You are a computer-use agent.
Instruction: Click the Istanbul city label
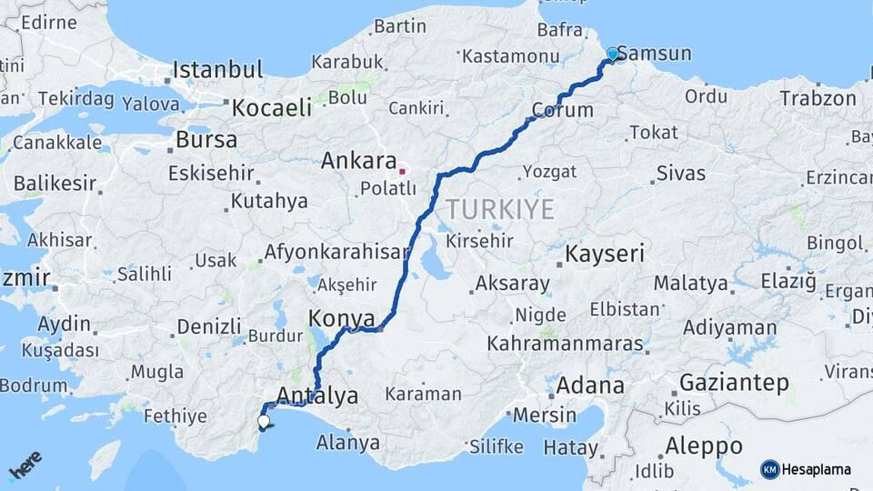click(x=218, y=69)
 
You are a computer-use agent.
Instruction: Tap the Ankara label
click(x=356, y=161)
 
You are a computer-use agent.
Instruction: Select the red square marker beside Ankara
click(x=402, y=169)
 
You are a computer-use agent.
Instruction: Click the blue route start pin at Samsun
click(x=613, y=55)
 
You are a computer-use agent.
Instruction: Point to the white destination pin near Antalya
click(x=264, y=421)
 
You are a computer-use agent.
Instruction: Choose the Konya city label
click(x=342, y=318)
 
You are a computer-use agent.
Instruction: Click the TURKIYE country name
click(x=499, y=210)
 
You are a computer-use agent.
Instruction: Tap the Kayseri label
click(x=605, y=254)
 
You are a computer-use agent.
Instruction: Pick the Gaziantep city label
click(x=734, y=383)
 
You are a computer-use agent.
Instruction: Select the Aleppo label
click(x=704, y=446)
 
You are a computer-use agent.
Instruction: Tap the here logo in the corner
click(x=25, y=466)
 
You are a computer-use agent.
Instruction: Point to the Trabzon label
click(x=818, y=97)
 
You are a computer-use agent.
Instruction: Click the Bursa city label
click(x=206, y=140)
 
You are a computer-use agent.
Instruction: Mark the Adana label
click(x=590, y=385)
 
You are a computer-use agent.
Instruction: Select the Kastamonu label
click(x=510, y=55)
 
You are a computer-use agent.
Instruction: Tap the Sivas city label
click(x=680, y=172)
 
